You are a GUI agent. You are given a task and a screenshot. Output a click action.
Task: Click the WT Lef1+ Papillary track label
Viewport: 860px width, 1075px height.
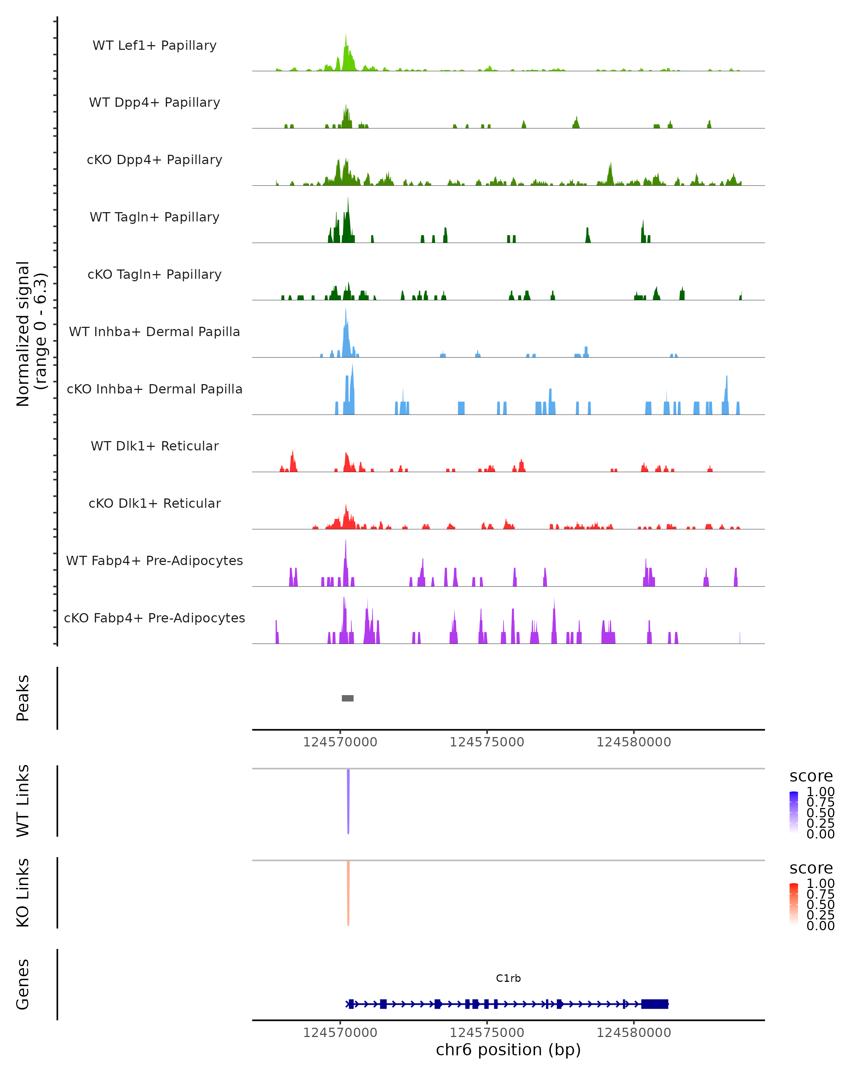pos(154,46)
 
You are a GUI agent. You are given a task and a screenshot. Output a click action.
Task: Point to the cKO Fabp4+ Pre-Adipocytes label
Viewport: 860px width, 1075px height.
pos(154,618)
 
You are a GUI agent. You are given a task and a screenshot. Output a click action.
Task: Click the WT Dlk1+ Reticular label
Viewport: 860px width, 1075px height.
pos(154,446)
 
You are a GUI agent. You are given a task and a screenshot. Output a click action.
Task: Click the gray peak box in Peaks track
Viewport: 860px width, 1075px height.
pos(348,698)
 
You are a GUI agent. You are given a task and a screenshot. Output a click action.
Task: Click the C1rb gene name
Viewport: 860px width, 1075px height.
pos(508,978)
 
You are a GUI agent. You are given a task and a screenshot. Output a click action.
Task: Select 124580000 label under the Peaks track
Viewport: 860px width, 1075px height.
pos(634,742)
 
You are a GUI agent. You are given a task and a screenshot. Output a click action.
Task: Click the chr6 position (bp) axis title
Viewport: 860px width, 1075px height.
pos(508,1050)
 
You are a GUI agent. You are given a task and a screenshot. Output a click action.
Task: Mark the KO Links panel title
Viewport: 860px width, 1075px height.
pos(23,893)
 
